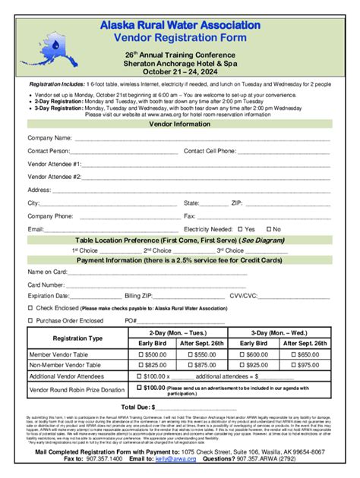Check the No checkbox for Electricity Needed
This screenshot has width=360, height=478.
click(x=268, y=228)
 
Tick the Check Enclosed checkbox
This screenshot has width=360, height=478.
click(x=30, y=308)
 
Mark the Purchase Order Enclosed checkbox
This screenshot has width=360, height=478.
click(x=30, y=321)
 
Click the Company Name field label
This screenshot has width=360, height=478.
click(x=50, y=138)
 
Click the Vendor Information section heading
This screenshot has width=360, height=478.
click(x=180, y=124)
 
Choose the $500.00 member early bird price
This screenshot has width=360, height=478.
click(x=151, y=354)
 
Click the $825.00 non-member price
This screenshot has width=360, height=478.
click(x=151, y=365)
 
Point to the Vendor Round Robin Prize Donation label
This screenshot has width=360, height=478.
click(x=77, y=390)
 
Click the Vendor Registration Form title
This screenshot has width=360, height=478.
click(x=180, y=38)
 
